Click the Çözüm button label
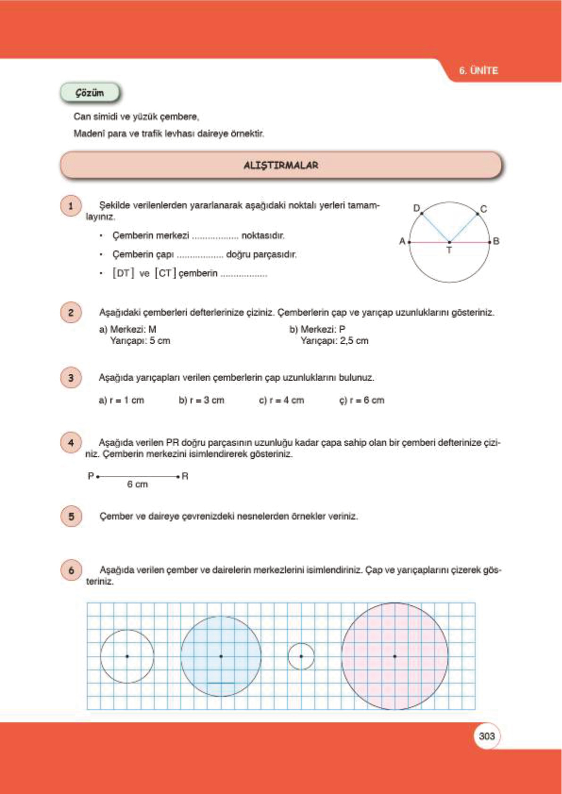click(x=90, y=93)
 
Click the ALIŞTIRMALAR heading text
click(x=281, y=165)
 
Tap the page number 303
click(x=487, y=736)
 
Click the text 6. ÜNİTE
click(x=478, y=71)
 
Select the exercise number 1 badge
click(x=71, y=206)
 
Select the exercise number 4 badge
click(x=71, y=443)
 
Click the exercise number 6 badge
click(x=71, y=570)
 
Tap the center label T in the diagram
click(x=449, y=250)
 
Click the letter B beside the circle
click(x=496, y=241)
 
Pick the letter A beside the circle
click(x=402, y=241)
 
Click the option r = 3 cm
click(x=201, y=400)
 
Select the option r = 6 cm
click(x=362, y=400)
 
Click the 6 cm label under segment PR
click(x=137, y=484)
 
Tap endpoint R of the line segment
click(x=178, y=477)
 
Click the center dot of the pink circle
click(x=394, y=656)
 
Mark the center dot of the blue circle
click(x=221, y=656)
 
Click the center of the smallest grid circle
click(x=301, y=656)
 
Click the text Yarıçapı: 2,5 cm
click(x=334, y=340)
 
